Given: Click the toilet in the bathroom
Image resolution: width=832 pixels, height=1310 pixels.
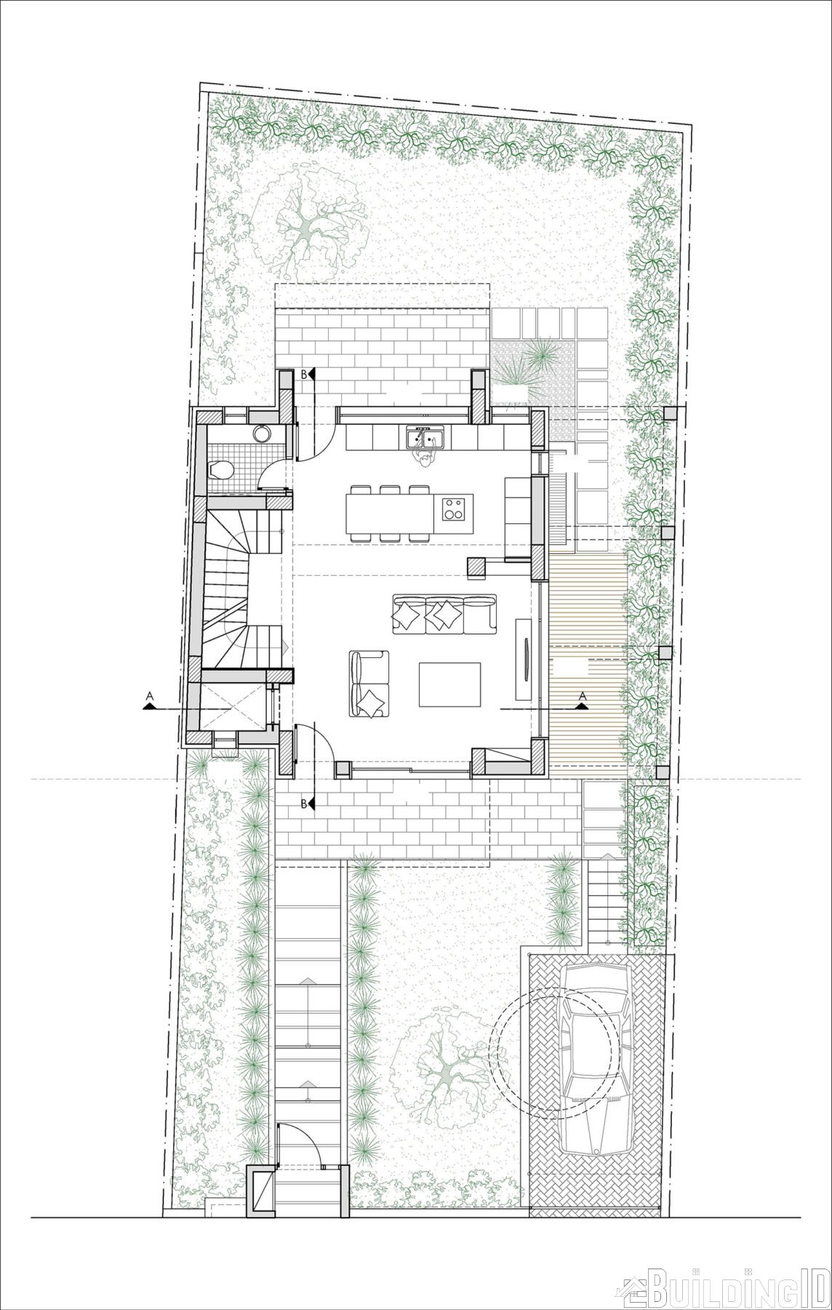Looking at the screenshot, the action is click(x=220, y=470).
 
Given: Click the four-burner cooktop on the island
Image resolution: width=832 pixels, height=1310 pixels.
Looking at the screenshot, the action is click(x=454, y=507).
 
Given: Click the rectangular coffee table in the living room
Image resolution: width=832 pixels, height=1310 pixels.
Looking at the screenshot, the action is click(x=449, y=684).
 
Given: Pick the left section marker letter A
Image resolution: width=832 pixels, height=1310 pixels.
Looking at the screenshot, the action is click(x=149, y=696).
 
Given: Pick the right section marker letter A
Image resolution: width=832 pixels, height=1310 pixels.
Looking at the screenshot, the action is click(x=582, y=696).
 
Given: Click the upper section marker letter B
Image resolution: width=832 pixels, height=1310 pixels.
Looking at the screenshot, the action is click(x=304, y=374).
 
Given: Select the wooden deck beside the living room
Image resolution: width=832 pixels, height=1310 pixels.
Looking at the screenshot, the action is click(x=587, y=659).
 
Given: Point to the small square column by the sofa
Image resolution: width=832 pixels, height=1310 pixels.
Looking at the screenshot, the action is click(x=478, y=568).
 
